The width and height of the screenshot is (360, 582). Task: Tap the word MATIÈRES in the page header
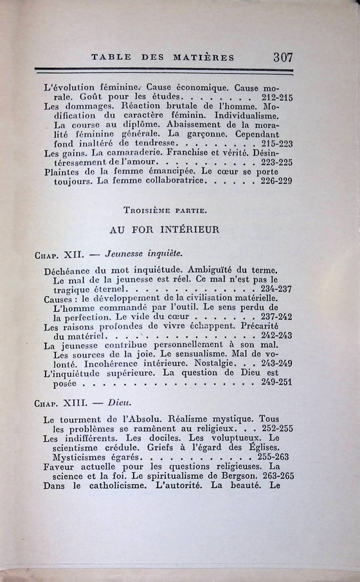[203, 57]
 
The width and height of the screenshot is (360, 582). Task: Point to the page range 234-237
[274, 289]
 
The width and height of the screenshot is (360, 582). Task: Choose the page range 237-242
[274, 317]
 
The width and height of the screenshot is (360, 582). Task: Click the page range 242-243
[274, 336]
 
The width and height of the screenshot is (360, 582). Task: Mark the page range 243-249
[274, 364]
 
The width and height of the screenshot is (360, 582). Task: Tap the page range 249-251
[274, 383]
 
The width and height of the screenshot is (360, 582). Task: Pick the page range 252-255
[274, 429]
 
